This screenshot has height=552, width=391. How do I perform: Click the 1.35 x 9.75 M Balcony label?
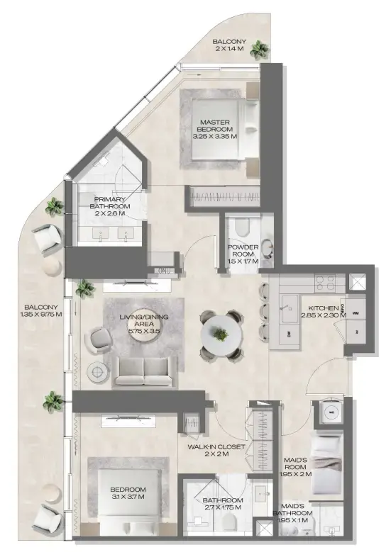click(x=40, y=310)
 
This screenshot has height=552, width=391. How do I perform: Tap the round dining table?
click(x=223, y=334)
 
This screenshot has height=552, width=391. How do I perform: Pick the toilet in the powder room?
click(x=241, y=227)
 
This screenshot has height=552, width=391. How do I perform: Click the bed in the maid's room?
click(x=328, y=464)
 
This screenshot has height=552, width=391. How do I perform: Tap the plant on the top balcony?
click(x=260, y=50)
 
